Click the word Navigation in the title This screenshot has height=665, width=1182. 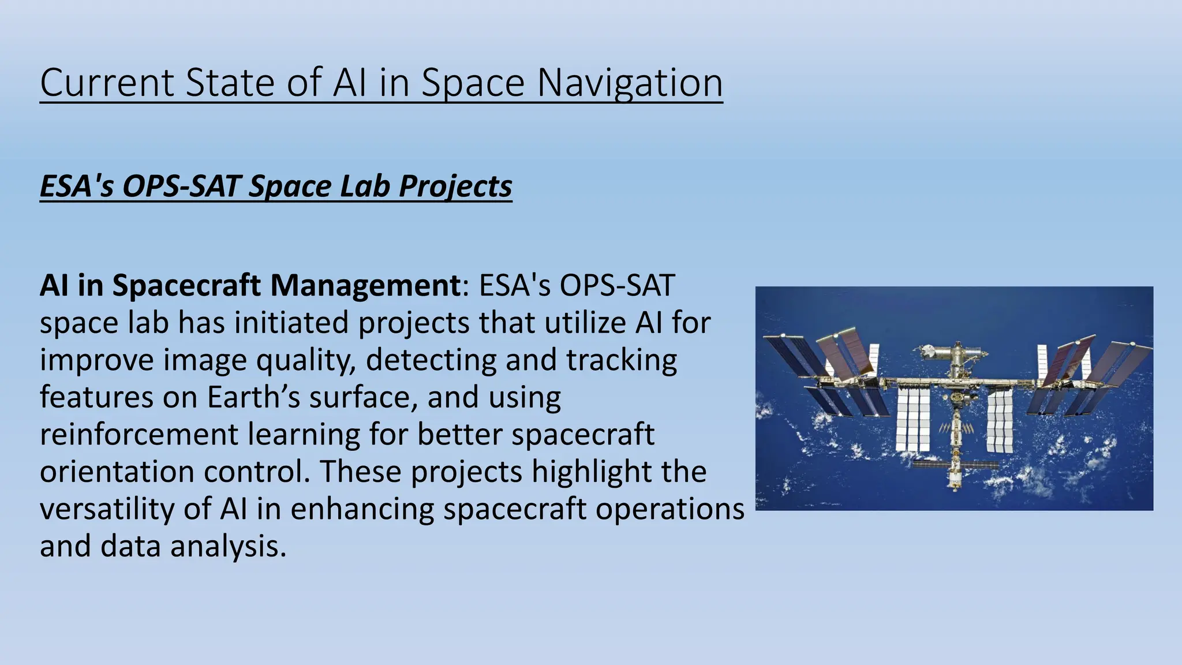coord(630,83)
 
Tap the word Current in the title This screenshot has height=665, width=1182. coord(107,83)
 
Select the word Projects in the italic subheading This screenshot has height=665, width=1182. coord(455,186)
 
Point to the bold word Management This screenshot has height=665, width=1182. coord(364,285)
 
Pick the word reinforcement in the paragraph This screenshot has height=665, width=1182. coord(139,434)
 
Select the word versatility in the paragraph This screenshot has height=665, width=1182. coord(107,509)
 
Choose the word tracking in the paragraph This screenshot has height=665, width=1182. coord(621,360)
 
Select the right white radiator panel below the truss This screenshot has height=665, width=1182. coord(999,421)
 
